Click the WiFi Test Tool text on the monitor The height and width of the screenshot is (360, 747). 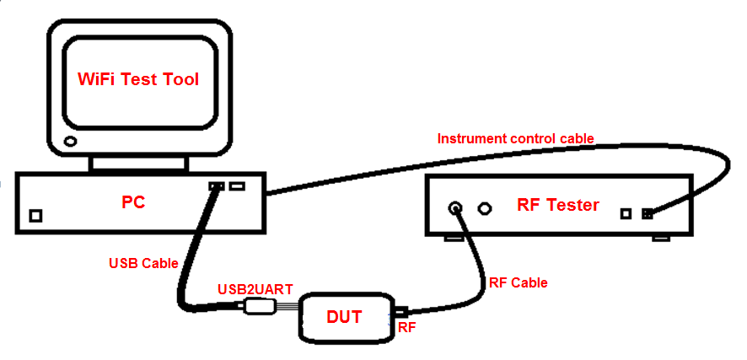[139, 79]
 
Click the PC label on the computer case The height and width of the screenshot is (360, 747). [134, 203]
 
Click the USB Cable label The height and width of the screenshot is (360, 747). [143, 263]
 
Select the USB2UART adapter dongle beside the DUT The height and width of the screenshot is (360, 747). [257, 309]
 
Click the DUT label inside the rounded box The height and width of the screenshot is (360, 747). [344, 317]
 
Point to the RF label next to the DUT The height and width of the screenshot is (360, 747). [406, 327]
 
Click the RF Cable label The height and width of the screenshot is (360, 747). [518, 282]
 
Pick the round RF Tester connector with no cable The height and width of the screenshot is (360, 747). [485, 207]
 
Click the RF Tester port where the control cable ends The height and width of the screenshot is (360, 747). [647, 213]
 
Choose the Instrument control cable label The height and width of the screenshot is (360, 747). [515, 138]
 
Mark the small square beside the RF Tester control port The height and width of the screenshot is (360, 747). [626, 213]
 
